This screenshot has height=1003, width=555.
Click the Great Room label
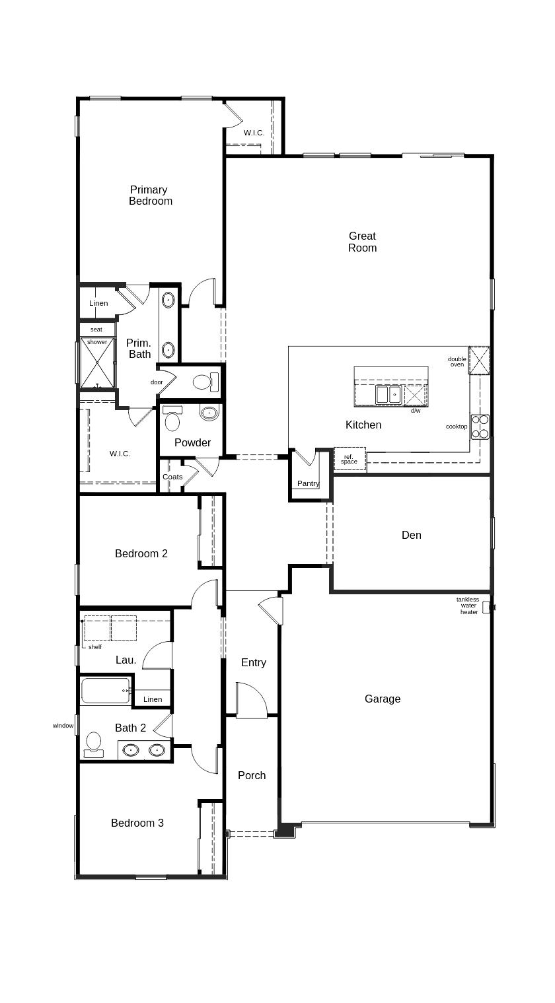[362, 242]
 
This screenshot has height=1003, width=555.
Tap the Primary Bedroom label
[151, 195]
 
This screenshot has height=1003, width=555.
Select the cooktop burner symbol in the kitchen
[480, 427]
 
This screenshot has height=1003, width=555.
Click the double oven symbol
[479, 360]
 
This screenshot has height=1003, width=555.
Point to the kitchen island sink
[388, 394]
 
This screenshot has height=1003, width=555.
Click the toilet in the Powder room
[172, 418]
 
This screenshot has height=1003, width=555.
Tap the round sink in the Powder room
[209, 413]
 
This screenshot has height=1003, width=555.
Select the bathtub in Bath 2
[106, 691]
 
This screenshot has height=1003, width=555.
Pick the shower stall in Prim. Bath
[97, 363]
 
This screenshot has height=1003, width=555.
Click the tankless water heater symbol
[488, 607]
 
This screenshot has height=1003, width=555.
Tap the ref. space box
[350, 459]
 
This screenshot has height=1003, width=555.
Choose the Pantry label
[308, 483]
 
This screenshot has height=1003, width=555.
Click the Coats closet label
[172, 477]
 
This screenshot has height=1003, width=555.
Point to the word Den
[411, 535]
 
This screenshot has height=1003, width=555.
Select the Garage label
[383, 699]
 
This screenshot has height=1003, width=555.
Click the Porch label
[252, 776]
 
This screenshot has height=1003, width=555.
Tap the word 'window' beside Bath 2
[63, 726]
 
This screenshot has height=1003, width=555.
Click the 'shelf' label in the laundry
[95, 647]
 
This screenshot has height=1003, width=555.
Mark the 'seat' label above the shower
[96, 329]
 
